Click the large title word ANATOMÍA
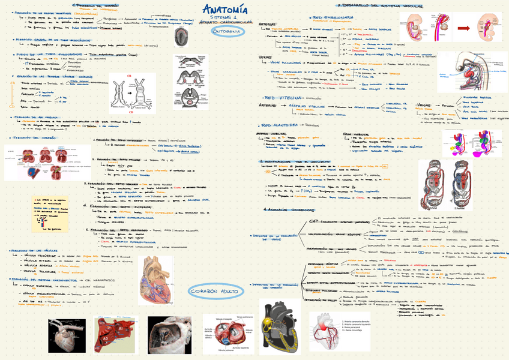pos(224,10)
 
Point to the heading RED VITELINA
pos(283,97)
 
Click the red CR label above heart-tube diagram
pos(128,76)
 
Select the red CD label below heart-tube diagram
pos(131,112)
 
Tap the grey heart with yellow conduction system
pos(280,324)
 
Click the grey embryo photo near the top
pos(181,38)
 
